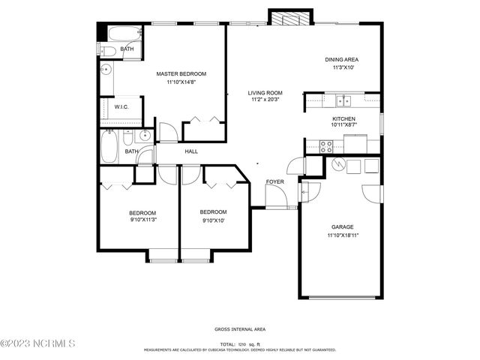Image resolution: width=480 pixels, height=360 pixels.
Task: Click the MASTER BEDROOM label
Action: pyautogui.click(x=181, y=74)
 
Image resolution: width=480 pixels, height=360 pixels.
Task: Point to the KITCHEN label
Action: pyautogui.click(x=343, y=118)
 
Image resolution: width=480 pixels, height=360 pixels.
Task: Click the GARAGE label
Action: pyautogui.click(x=343, y=226)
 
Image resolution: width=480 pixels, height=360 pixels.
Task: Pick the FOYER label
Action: pyautogui.click(x=274, y=182)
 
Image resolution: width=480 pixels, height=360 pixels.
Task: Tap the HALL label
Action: pyautogui.click(x=191, y=151)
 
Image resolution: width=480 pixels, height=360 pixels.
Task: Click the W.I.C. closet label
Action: pyautogui.click(x=121, y=108)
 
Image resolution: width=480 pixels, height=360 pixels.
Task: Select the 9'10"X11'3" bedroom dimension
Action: pyautogui.click(x=142, y=220)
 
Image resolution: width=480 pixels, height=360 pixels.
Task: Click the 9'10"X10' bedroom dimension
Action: pyautogui.click(x=213, y=220)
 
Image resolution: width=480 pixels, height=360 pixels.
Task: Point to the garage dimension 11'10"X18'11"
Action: pyautogui.click(x=343, y=235)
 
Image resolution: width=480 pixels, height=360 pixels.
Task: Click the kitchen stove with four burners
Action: pyautogui.click(x=327, y=147)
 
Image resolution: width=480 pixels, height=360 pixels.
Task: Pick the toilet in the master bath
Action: pyautogui.click(x=106, y=50)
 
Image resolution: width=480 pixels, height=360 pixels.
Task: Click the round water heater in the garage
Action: pyautogui.click(x=339, y=165)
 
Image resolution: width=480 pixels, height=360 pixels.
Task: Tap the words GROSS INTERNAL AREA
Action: pyautogui.click(x=239, y=329)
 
